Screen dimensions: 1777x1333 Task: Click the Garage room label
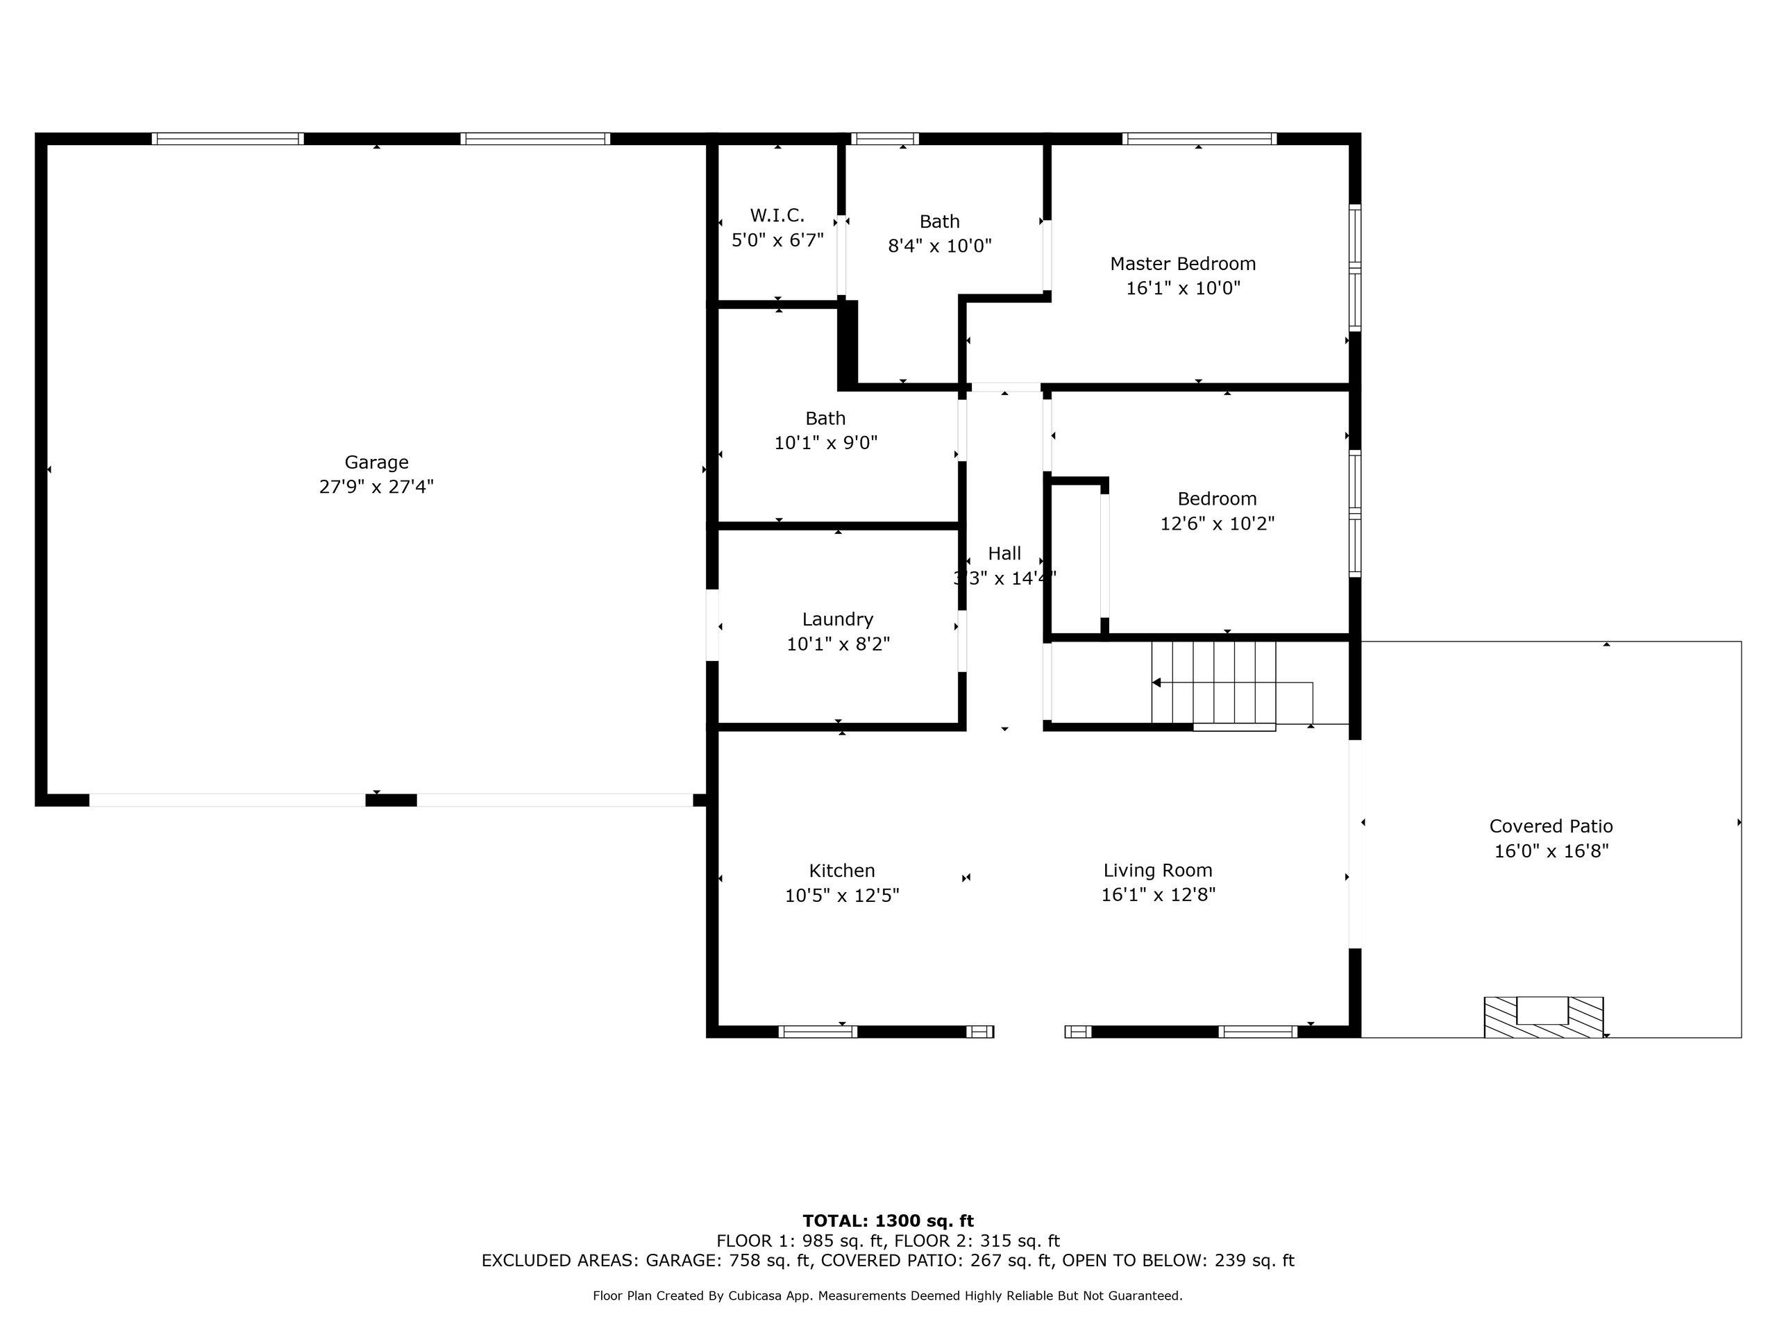point(376,462)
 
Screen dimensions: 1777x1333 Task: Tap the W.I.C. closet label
point(777,215)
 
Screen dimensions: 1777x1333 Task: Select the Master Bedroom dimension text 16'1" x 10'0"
point(1183,287)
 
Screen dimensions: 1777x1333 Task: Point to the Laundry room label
point(837,619)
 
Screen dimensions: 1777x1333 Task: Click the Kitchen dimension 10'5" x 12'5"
point(842,895)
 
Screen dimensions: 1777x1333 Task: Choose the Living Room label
point(1158,870)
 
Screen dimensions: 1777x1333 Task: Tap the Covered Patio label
point(1551,826)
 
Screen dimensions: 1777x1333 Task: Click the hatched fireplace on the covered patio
point(1543,1016)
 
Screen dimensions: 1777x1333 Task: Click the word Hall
point(1004,553)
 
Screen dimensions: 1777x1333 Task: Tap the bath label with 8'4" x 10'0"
point(939,221)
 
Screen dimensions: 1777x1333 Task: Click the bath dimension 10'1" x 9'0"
point(825,443)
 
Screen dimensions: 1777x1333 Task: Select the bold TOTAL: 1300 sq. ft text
point(888,1221)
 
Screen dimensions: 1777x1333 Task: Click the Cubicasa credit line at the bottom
point(888,1296)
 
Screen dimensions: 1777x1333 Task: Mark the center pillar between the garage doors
point(391,800)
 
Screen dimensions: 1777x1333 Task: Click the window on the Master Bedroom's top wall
point(1199,139)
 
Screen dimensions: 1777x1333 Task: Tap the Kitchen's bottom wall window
point(818,1032)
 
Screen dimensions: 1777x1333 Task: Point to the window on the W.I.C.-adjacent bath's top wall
point(884,139)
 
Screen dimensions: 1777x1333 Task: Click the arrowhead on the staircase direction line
point(1156,683)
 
